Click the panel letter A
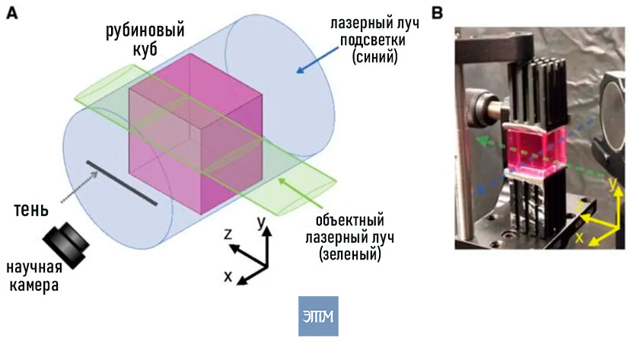click(12, 14)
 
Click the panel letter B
click(437, 13)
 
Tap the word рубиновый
click(145, 31)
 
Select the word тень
click(31, 210)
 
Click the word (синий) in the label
click(374, 57)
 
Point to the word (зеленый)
click(350, 254)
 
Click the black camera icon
click(66, 245)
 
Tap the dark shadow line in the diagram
click(122, 183)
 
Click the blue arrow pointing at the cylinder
click(317, 60)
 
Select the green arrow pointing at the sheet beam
click(301, 194)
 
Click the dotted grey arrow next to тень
click(79, 186)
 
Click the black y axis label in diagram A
click(261, 222)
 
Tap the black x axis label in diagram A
click(228, 276)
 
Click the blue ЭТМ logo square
click(318, 316)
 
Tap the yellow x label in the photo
click(579, 237)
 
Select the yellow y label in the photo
click(613, 184)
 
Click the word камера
click(34, 285)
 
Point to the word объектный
click(350, 221)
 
